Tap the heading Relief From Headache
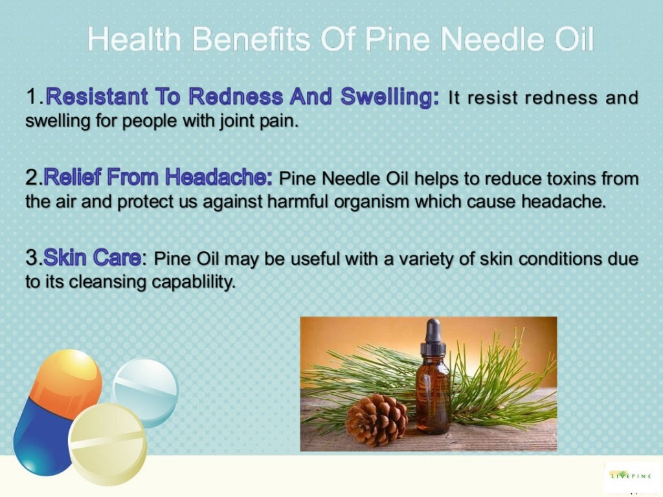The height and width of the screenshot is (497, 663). click(159, 177)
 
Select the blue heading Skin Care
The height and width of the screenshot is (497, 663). click(91, 258)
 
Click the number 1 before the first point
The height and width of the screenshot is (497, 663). click(32, 98)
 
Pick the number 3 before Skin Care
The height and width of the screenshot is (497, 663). click(32, 258)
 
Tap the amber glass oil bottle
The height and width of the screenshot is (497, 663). click(433, 395)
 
